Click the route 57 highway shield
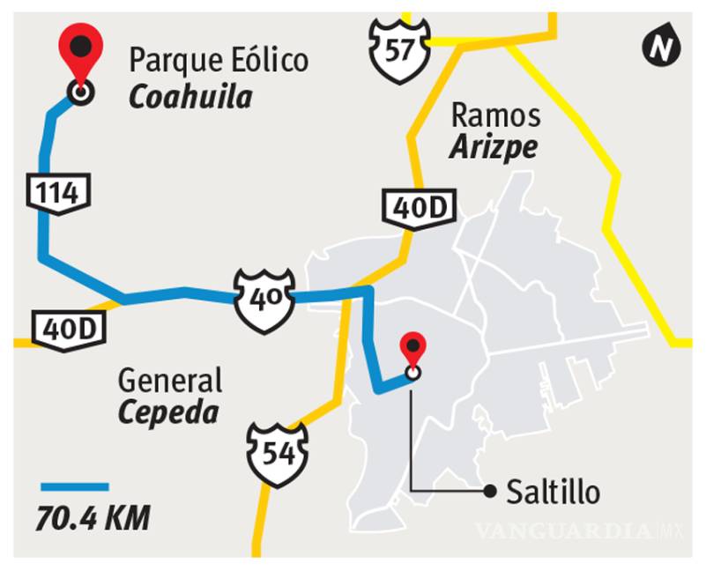pos(400,50)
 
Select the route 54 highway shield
pos(279,453)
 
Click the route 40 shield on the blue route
pos(264,300)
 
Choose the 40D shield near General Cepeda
pos(69,328)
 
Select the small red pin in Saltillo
pos(412,350)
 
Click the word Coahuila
pos(190,95)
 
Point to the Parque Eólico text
pos(219,61)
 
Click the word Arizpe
pos(494,147)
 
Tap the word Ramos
pos(495,115)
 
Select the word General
pos(170,381)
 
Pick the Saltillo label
pos(553,492)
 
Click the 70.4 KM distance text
pos(93,518)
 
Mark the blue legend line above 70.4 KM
pos(75,486)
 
